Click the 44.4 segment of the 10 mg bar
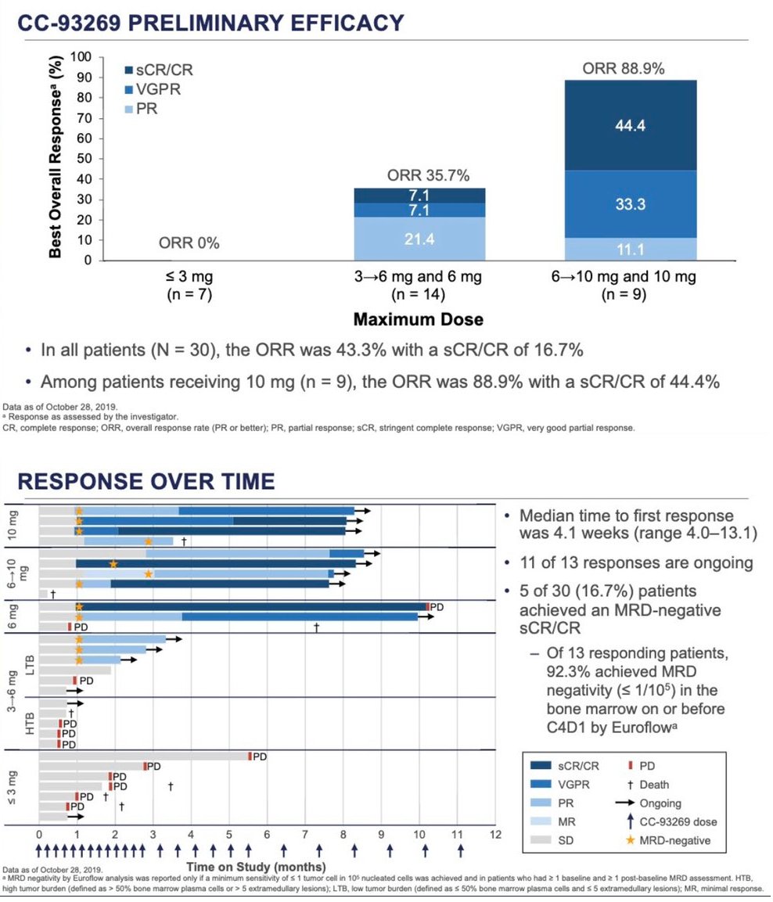pos(630,125)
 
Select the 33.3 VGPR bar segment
pos(630,204)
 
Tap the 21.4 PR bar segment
pos(419,239)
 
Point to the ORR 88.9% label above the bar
pos(624,69)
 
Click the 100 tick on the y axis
pos(81,58)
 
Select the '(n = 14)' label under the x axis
pos(419,295)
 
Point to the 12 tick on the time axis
pos(494,835)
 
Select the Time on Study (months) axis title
pos(255,867)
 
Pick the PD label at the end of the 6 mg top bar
pos(437,606)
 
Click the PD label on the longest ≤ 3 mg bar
pos(260,756)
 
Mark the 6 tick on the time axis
pos(267,835)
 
